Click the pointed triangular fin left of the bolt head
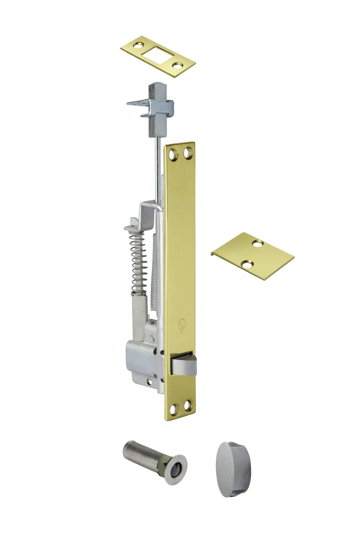click(x=136, y=103)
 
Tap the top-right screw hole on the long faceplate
click(x=187, y=154)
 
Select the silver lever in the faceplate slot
click(x=184, y=364)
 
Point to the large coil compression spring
click(x=139, y=261)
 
